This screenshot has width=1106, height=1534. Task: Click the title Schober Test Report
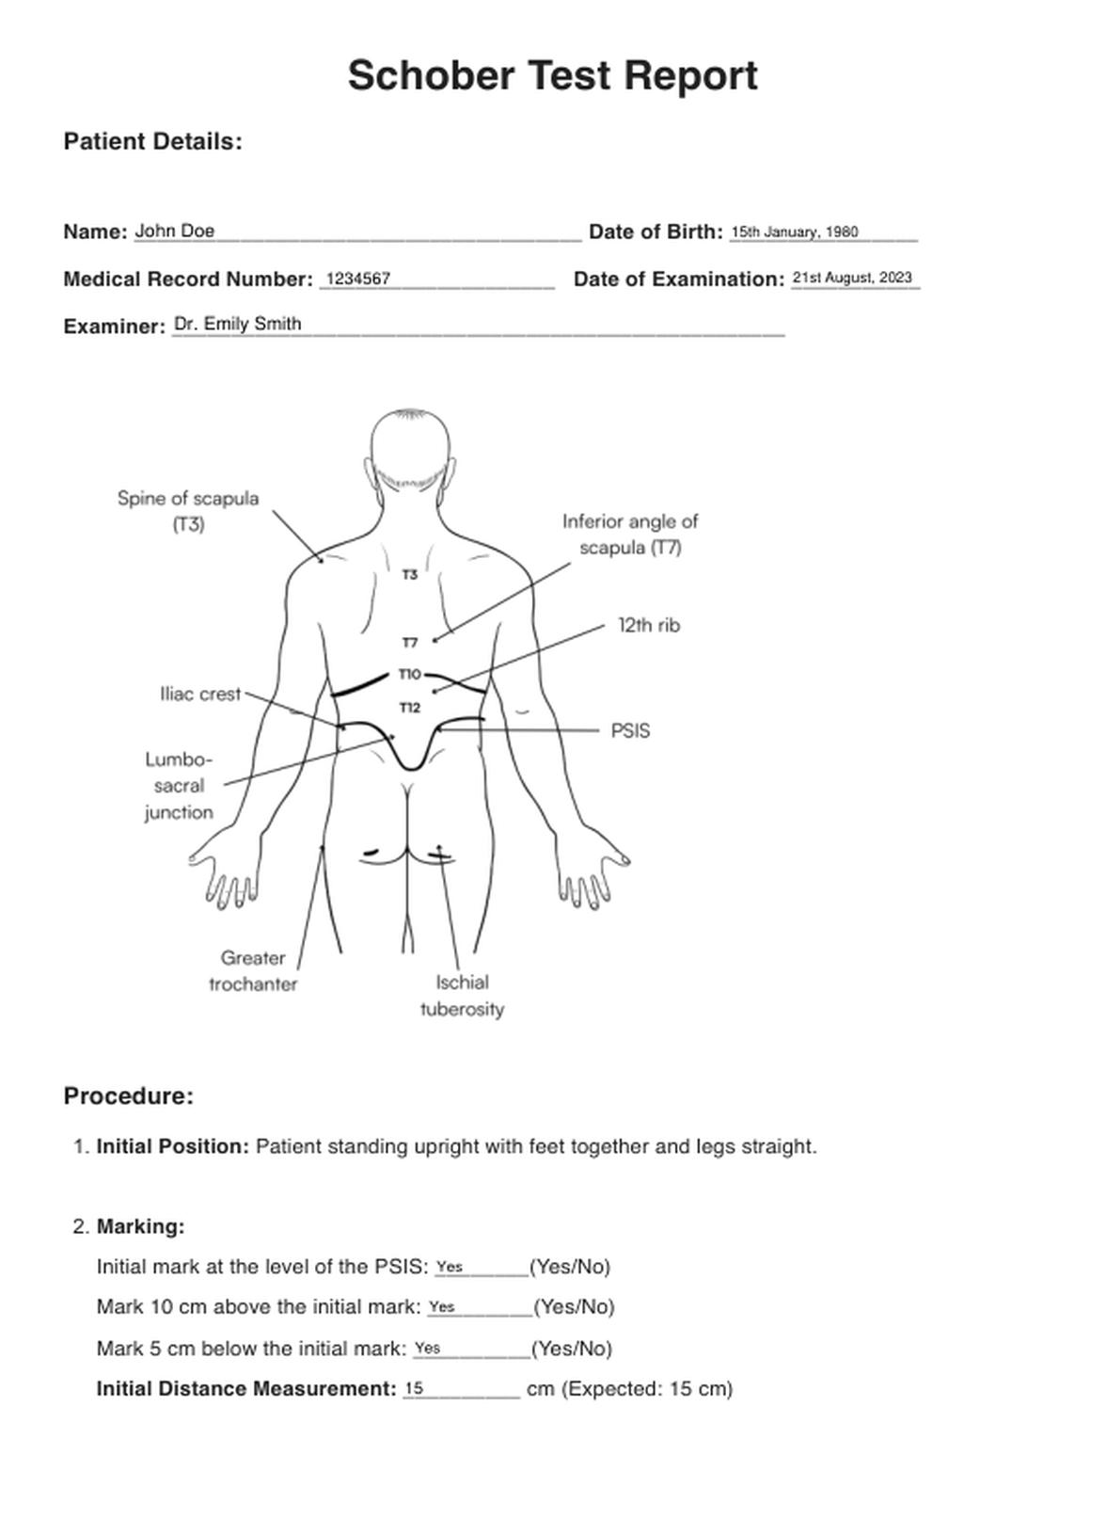click(552, 76)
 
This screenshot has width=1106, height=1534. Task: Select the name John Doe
click(175, 231)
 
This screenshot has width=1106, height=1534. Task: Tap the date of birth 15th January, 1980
click(795, 232)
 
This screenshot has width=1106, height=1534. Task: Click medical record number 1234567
click(358, 279)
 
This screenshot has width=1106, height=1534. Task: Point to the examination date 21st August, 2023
click(852, 278)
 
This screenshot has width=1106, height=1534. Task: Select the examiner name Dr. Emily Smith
click(238, 324)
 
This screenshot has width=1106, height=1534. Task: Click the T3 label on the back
click(410, 574)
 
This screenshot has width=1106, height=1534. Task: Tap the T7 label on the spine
click(410, 643)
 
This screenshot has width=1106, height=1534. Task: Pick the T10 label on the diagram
click(410, 674)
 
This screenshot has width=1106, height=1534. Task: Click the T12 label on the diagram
click(410, 708)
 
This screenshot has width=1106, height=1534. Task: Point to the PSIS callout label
click(630, 731)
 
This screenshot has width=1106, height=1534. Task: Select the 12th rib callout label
click(649, 626)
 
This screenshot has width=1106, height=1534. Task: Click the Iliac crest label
click(200, 695)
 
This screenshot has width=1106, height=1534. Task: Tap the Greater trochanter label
click(253, 971)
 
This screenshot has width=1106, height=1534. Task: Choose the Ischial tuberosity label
click(462, 996)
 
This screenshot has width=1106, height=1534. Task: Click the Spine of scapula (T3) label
click(188, 511)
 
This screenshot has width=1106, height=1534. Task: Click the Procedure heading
click(129, 1096)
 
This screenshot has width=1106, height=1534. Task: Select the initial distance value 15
click(414, 1388)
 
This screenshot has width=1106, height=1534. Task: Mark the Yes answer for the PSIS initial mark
click(450, 1267)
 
